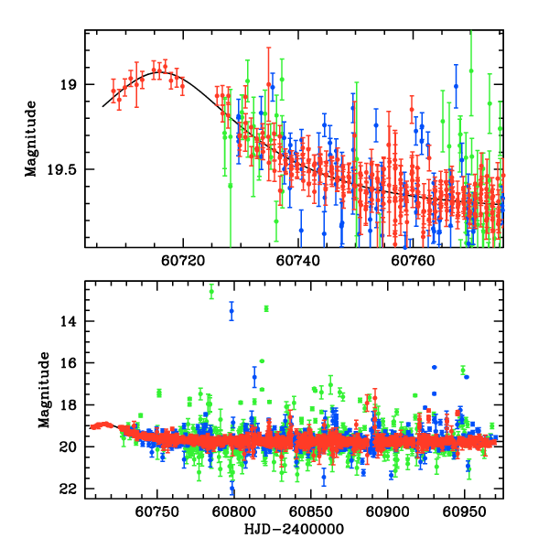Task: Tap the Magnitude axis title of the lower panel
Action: pyautogui.click(x=43, y=390)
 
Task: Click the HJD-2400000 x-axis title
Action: pyautogui.click(x=293, y=530)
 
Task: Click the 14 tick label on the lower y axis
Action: pyautogui.click(x=70, y=322)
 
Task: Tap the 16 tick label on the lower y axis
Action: pyautogui.click(x=70, y=363)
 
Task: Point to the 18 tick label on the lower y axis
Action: pyautogui.click(x=70, y=405)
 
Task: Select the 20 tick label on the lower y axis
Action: pyautogui.click(x=70, y=447)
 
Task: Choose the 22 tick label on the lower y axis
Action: pyautogui.click(x=70, y=490)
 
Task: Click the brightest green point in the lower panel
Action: pyautogui.click(x=212, y=292)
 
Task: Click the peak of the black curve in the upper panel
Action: pyautogui.click(x=160, y=71)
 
